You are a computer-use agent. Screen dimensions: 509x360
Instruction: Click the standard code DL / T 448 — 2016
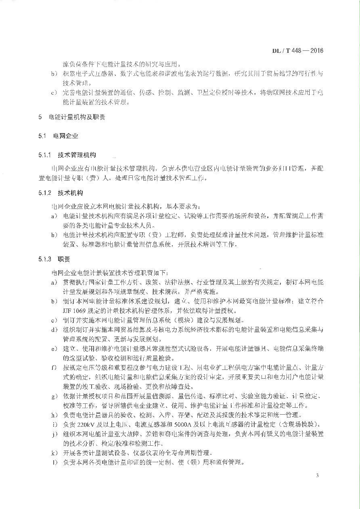pyautogui.click(x=297, y=51)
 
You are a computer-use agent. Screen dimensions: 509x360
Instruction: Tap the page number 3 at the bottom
pyautogui.click(x=318, y=476)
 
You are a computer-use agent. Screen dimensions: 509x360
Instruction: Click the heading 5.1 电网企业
pyautogui.click(x=59, y=136)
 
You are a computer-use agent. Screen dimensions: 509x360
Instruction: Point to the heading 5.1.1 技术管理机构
pyautogui.click(x=67, y=155)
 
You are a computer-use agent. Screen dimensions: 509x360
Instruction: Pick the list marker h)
pyautogui.click(x=54, y=415)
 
